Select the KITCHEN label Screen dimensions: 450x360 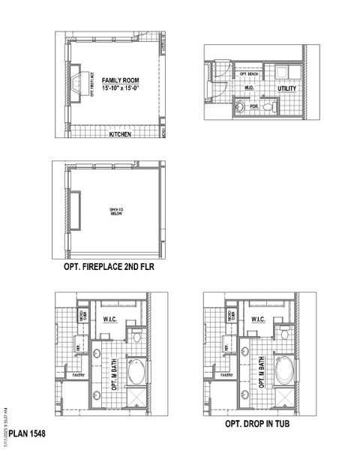tap(120, 135)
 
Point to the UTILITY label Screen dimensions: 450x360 tap(287, 89)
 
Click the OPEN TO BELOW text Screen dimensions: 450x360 tap(115, 211)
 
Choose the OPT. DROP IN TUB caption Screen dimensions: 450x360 tap(257, 424)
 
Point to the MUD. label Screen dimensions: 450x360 tap(250, 88)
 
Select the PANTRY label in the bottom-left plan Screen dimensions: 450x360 tap(79, 373)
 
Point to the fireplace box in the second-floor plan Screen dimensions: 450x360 tap(76, 209)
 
